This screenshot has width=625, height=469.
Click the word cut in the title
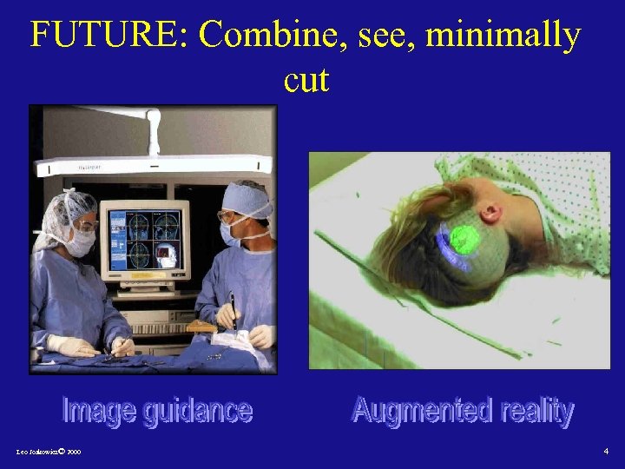click(x=306, y=80)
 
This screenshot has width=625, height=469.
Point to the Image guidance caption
click(x=157, y=411)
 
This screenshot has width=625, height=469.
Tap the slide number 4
click(x=606, y=452)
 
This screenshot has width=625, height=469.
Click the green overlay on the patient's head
click(x=464, y=240)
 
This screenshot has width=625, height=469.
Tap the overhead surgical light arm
click(x=153, y=163)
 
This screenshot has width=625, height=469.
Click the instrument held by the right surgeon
click(x=233, y=308)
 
